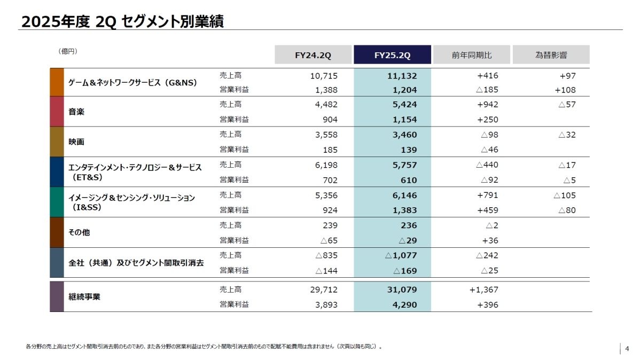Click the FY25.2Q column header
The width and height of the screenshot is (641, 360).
pos(392,55)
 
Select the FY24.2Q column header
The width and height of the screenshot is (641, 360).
pos(313,55)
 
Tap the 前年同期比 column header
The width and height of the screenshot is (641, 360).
pos(472,55)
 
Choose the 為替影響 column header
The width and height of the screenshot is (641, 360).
pos(551,55)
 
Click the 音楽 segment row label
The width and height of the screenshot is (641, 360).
pos(76,112)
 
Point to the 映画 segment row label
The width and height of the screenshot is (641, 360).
pos(76,142)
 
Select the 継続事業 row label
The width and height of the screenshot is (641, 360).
pos(84,296)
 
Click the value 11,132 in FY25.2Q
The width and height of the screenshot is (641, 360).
pos(402,76)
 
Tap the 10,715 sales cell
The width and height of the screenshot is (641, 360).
pos(324,76)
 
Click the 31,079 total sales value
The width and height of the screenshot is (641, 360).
pos(402,289)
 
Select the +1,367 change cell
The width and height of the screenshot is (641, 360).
pos(483,289)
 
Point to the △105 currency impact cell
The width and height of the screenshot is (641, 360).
pos(565,195)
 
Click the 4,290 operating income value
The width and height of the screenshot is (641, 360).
pos(405,305)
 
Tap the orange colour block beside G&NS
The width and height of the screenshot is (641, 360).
pos(57,82)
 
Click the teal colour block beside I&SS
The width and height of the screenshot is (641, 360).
pos(57,202)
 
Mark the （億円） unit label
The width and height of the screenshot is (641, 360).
pos(68,51)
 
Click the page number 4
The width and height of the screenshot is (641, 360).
pos(627,349)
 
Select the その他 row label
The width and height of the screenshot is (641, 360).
pos(80,233)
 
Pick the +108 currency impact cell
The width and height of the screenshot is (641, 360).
pos(565,90)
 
